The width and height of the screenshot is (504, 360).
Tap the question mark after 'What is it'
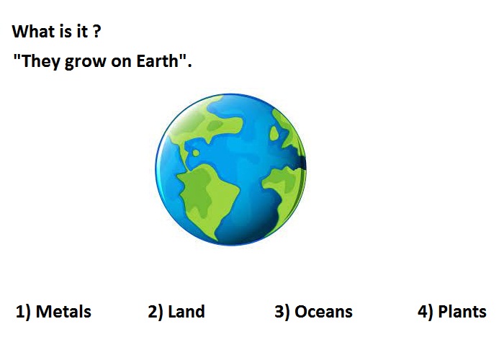click(96, 31)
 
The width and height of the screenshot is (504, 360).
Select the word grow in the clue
click(86, 62)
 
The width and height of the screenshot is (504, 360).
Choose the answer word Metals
click(63, 312)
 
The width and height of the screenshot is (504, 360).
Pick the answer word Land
click(186, 312)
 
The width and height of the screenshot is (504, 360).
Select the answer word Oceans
click(323, 312)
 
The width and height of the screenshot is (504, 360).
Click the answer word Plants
click(462, 312)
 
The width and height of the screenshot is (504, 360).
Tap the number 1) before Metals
click(23, 312)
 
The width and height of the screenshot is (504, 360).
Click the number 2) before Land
click(156, 312)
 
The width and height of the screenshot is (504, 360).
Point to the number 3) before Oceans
click(282, 312)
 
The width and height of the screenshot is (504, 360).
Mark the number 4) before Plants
click(426, 312)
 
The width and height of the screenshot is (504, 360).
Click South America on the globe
click(206, 196)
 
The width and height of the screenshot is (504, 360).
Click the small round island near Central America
click(196, 153)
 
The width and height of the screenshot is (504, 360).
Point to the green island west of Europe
click(274, 133)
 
